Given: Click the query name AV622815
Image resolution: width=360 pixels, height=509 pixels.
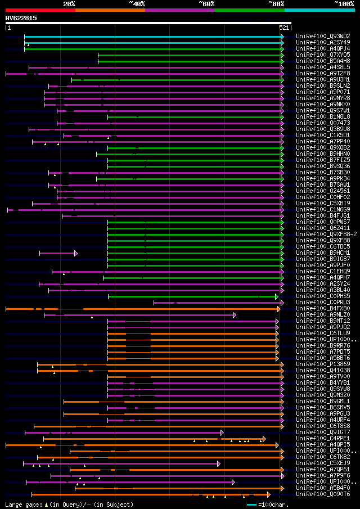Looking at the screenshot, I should click(x=21, y=18).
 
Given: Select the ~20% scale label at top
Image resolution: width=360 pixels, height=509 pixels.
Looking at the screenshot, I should click(x=69, y=3).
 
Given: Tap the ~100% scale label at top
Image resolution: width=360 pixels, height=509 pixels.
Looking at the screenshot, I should click(x=344, y=3).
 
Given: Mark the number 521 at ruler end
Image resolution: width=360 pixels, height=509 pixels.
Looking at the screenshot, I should click(x=284, y=27).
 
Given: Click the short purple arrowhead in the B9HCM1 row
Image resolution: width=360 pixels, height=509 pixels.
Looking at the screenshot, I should click(x=76, y=253).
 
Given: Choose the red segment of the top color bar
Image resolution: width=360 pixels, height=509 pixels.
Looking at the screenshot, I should click(x=40, y=10).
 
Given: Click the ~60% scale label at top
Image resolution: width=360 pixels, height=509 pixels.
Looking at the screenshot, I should click(x=206, y=3).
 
